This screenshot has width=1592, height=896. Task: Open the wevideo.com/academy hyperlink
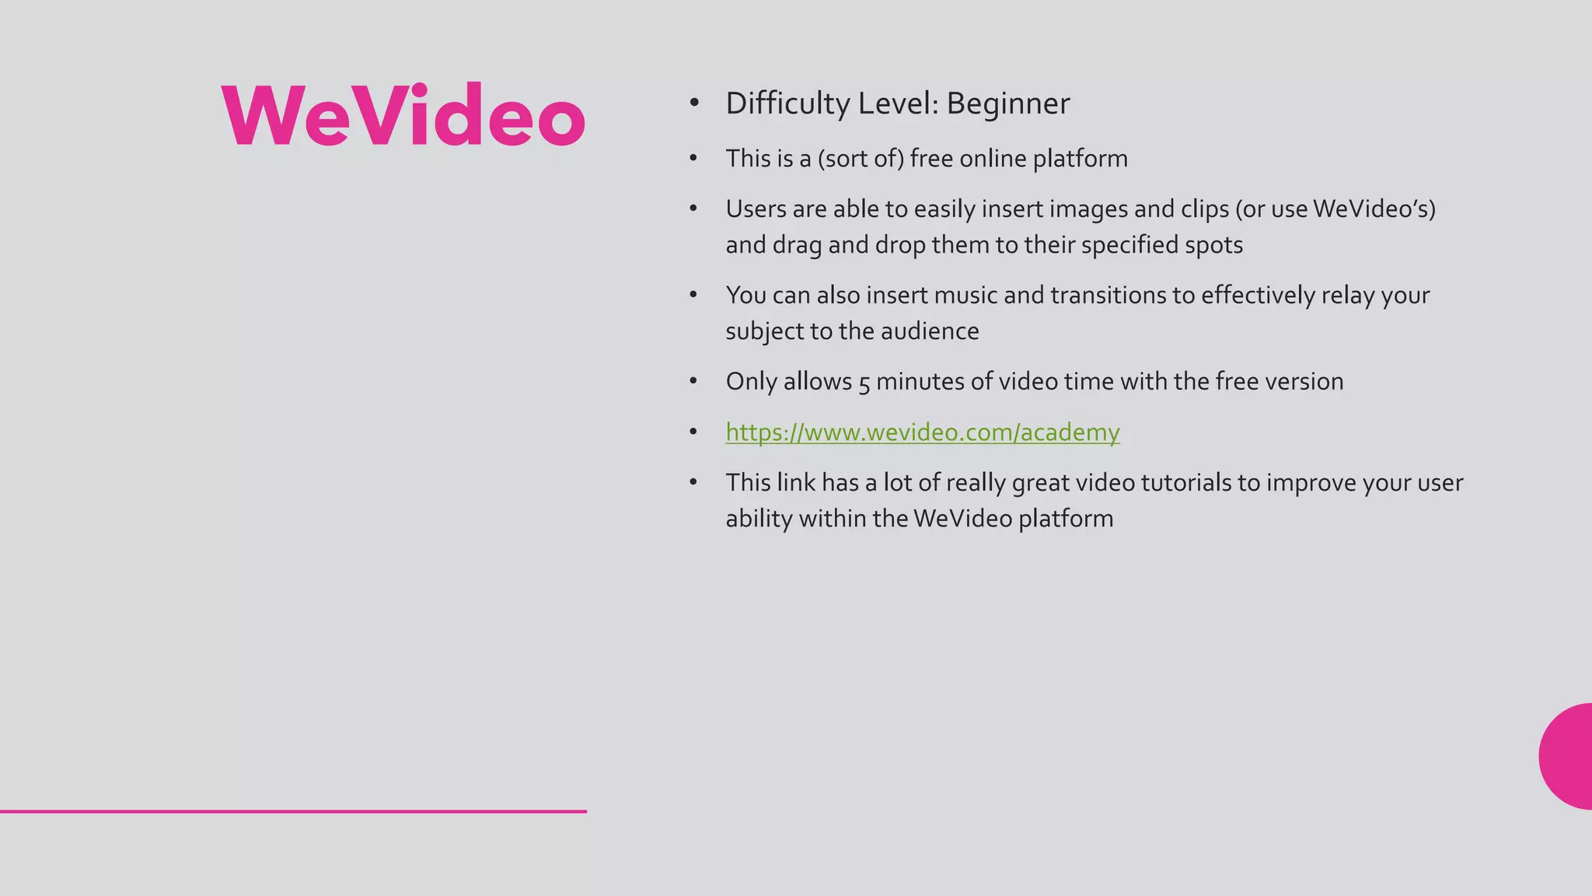click(x=922, y=432)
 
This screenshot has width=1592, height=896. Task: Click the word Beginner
click(x=1007, y=103)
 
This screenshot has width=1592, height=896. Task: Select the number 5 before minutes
click(x=864, y=383)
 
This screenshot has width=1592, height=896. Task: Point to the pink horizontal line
click(x=293, y=811)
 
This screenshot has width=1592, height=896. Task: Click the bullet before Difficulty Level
click(x=693, y=103)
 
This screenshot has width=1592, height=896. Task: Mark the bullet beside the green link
click(x=693, y=432)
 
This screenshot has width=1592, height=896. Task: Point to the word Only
click(x=751, y=382)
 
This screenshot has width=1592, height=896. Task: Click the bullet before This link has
click(x=693, y=483)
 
